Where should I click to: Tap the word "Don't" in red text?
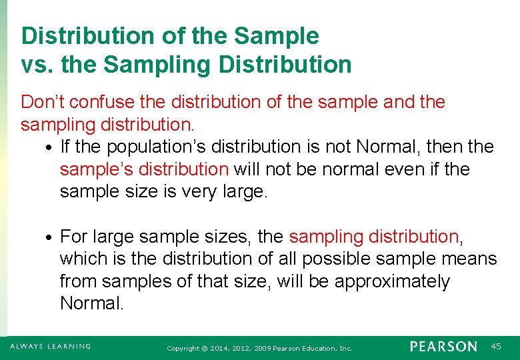coord(43,102)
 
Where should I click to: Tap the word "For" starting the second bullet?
coord(74,236)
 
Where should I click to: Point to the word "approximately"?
coord(392,281)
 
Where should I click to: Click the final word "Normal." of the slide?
coord(92,304)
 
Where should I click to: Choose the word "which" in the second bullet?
coord(84,259)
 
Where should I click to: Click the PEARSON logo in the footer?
coord(443,347)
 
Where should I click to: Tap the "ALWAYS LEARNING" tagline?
coord(50,347)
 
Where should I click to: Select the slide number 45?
coord(495,347)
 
